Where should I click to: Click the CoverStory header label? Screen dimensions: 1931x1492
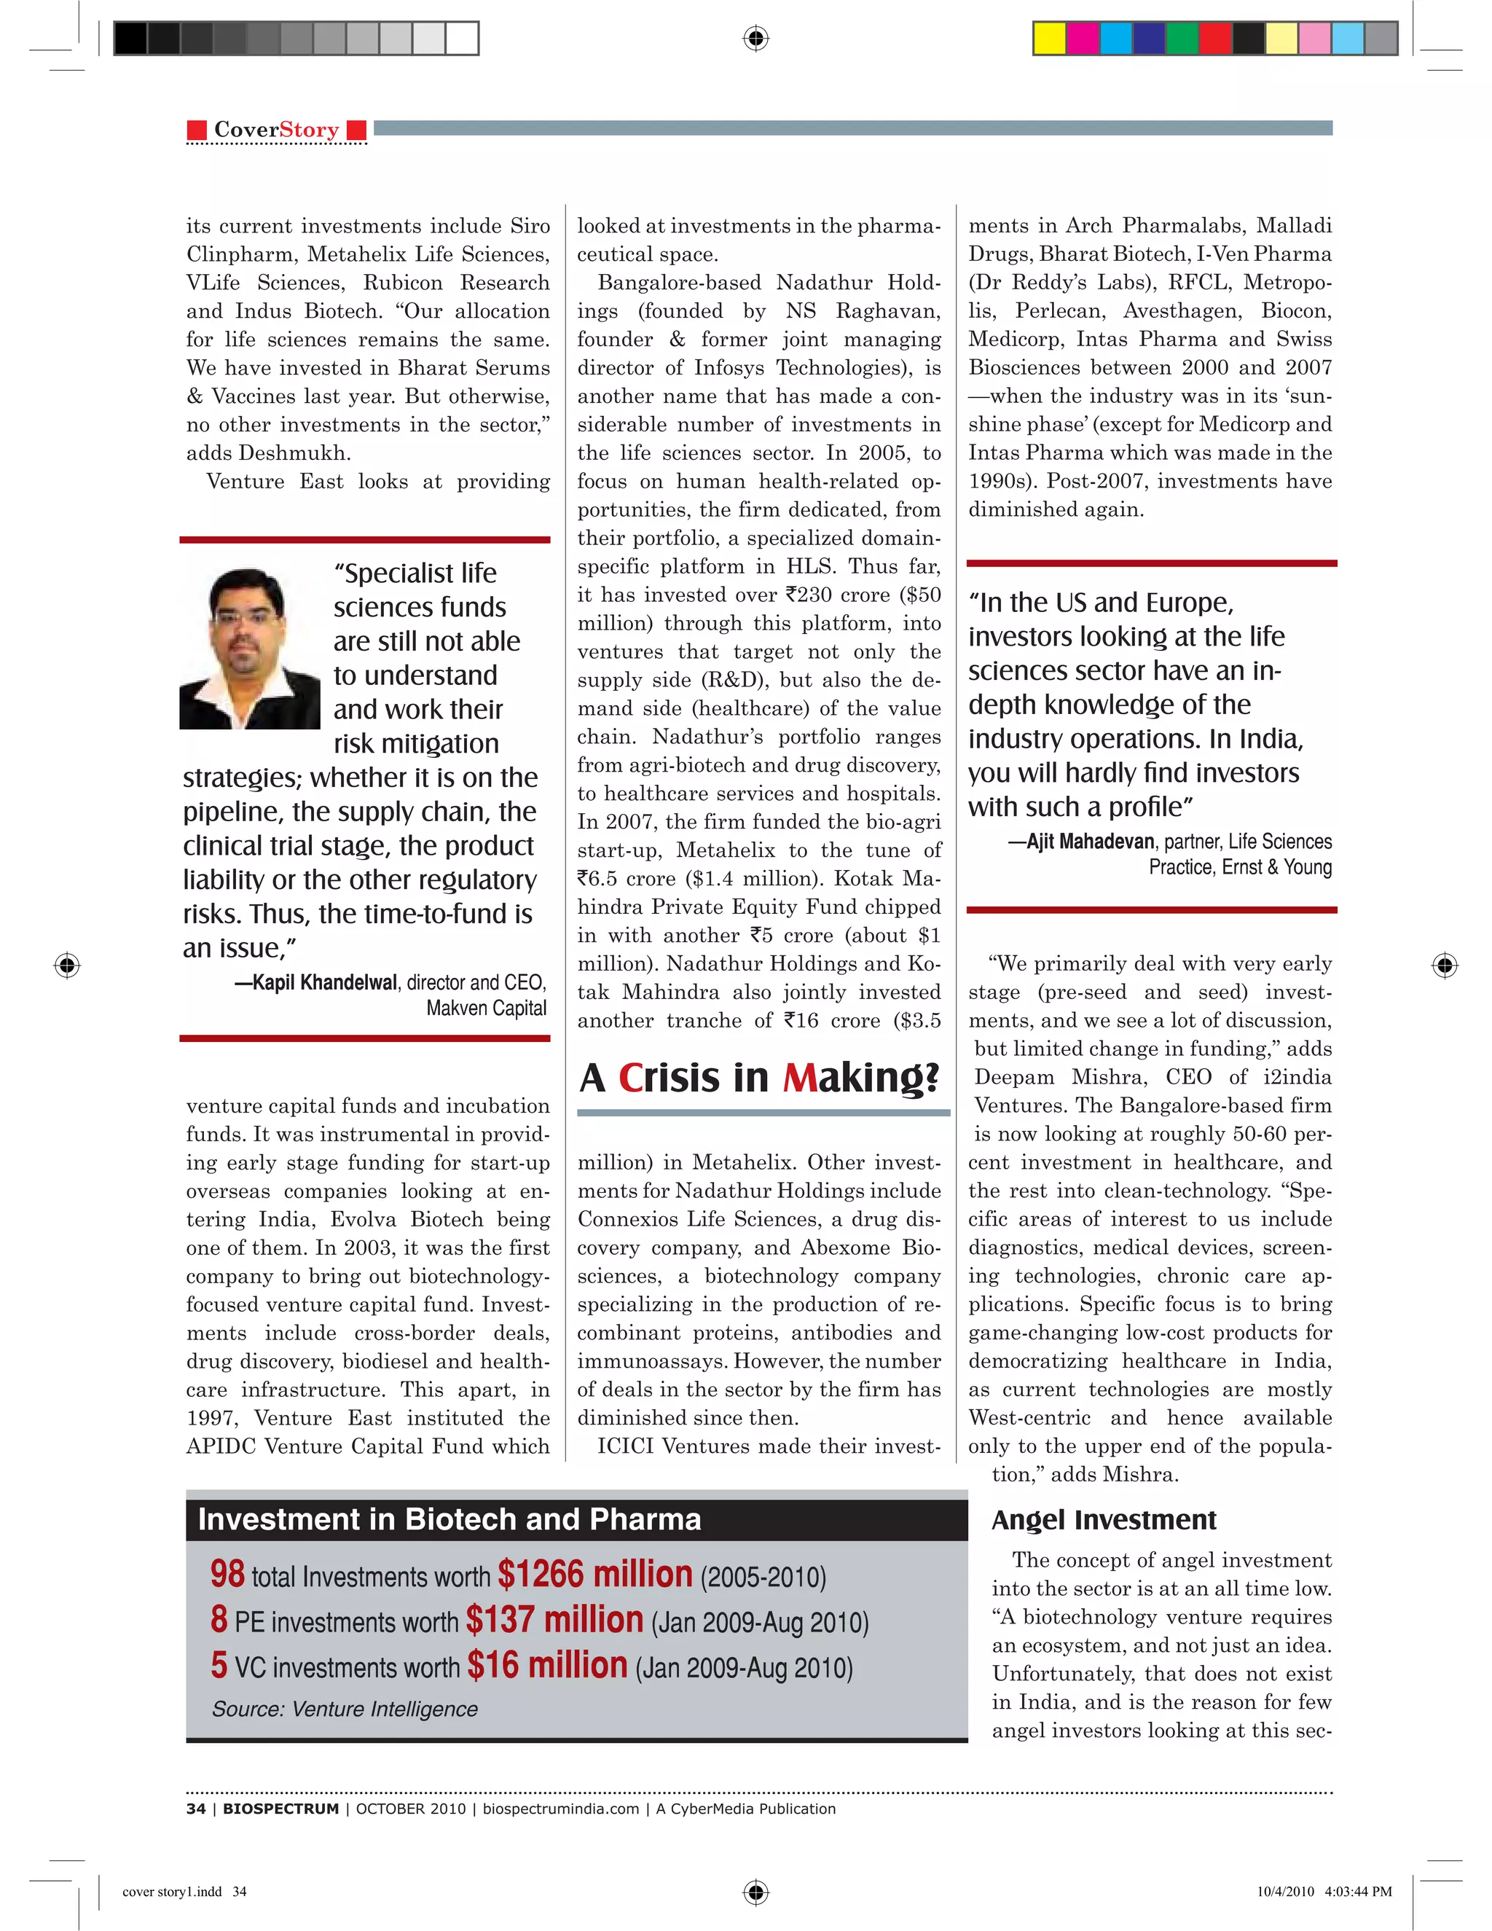click(x=276, y=130)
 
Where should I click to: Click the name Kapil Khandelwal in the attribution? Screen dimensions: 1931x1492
click(x=324, y=982)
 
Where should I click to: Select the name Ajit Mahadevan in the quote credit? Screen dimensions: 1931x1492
click(x=1090, y=841)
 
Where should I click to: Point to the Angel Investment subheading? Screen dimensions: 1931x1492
click(x=1103, y=1520)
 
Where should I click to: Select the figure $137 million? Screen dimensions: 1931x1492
click(x=554, y=1620)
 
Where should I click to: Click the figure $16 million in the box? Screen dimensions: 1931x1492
click(x=547, y=1665)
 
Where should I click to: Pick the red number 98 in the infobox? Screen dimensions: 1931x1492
click(x=227, y=1574)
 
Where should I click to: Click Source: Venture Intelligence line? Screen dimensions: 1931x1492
click(x=345, y=1709)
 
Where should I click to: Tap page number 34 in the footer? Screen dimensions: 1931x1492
click(x=195, y=1808)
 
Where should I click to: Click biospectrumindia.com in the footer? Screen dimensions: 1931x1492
click(x=560, y=1808)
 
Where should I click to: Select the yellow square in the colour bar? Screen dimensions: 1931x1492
click(x=1050, y=39)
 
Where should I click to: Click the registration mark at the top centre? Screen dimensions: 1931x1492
click(x=755, y=39)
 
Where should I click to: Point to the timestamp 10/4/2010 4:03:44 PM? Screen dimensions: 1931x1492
click(x=1323, y=1891)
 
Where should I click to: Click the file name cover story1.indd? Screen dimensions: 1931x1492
click(x=173, y=1891)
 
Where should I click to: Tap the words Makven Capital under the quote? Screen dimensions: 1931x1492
click(x=486, y=1008)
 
